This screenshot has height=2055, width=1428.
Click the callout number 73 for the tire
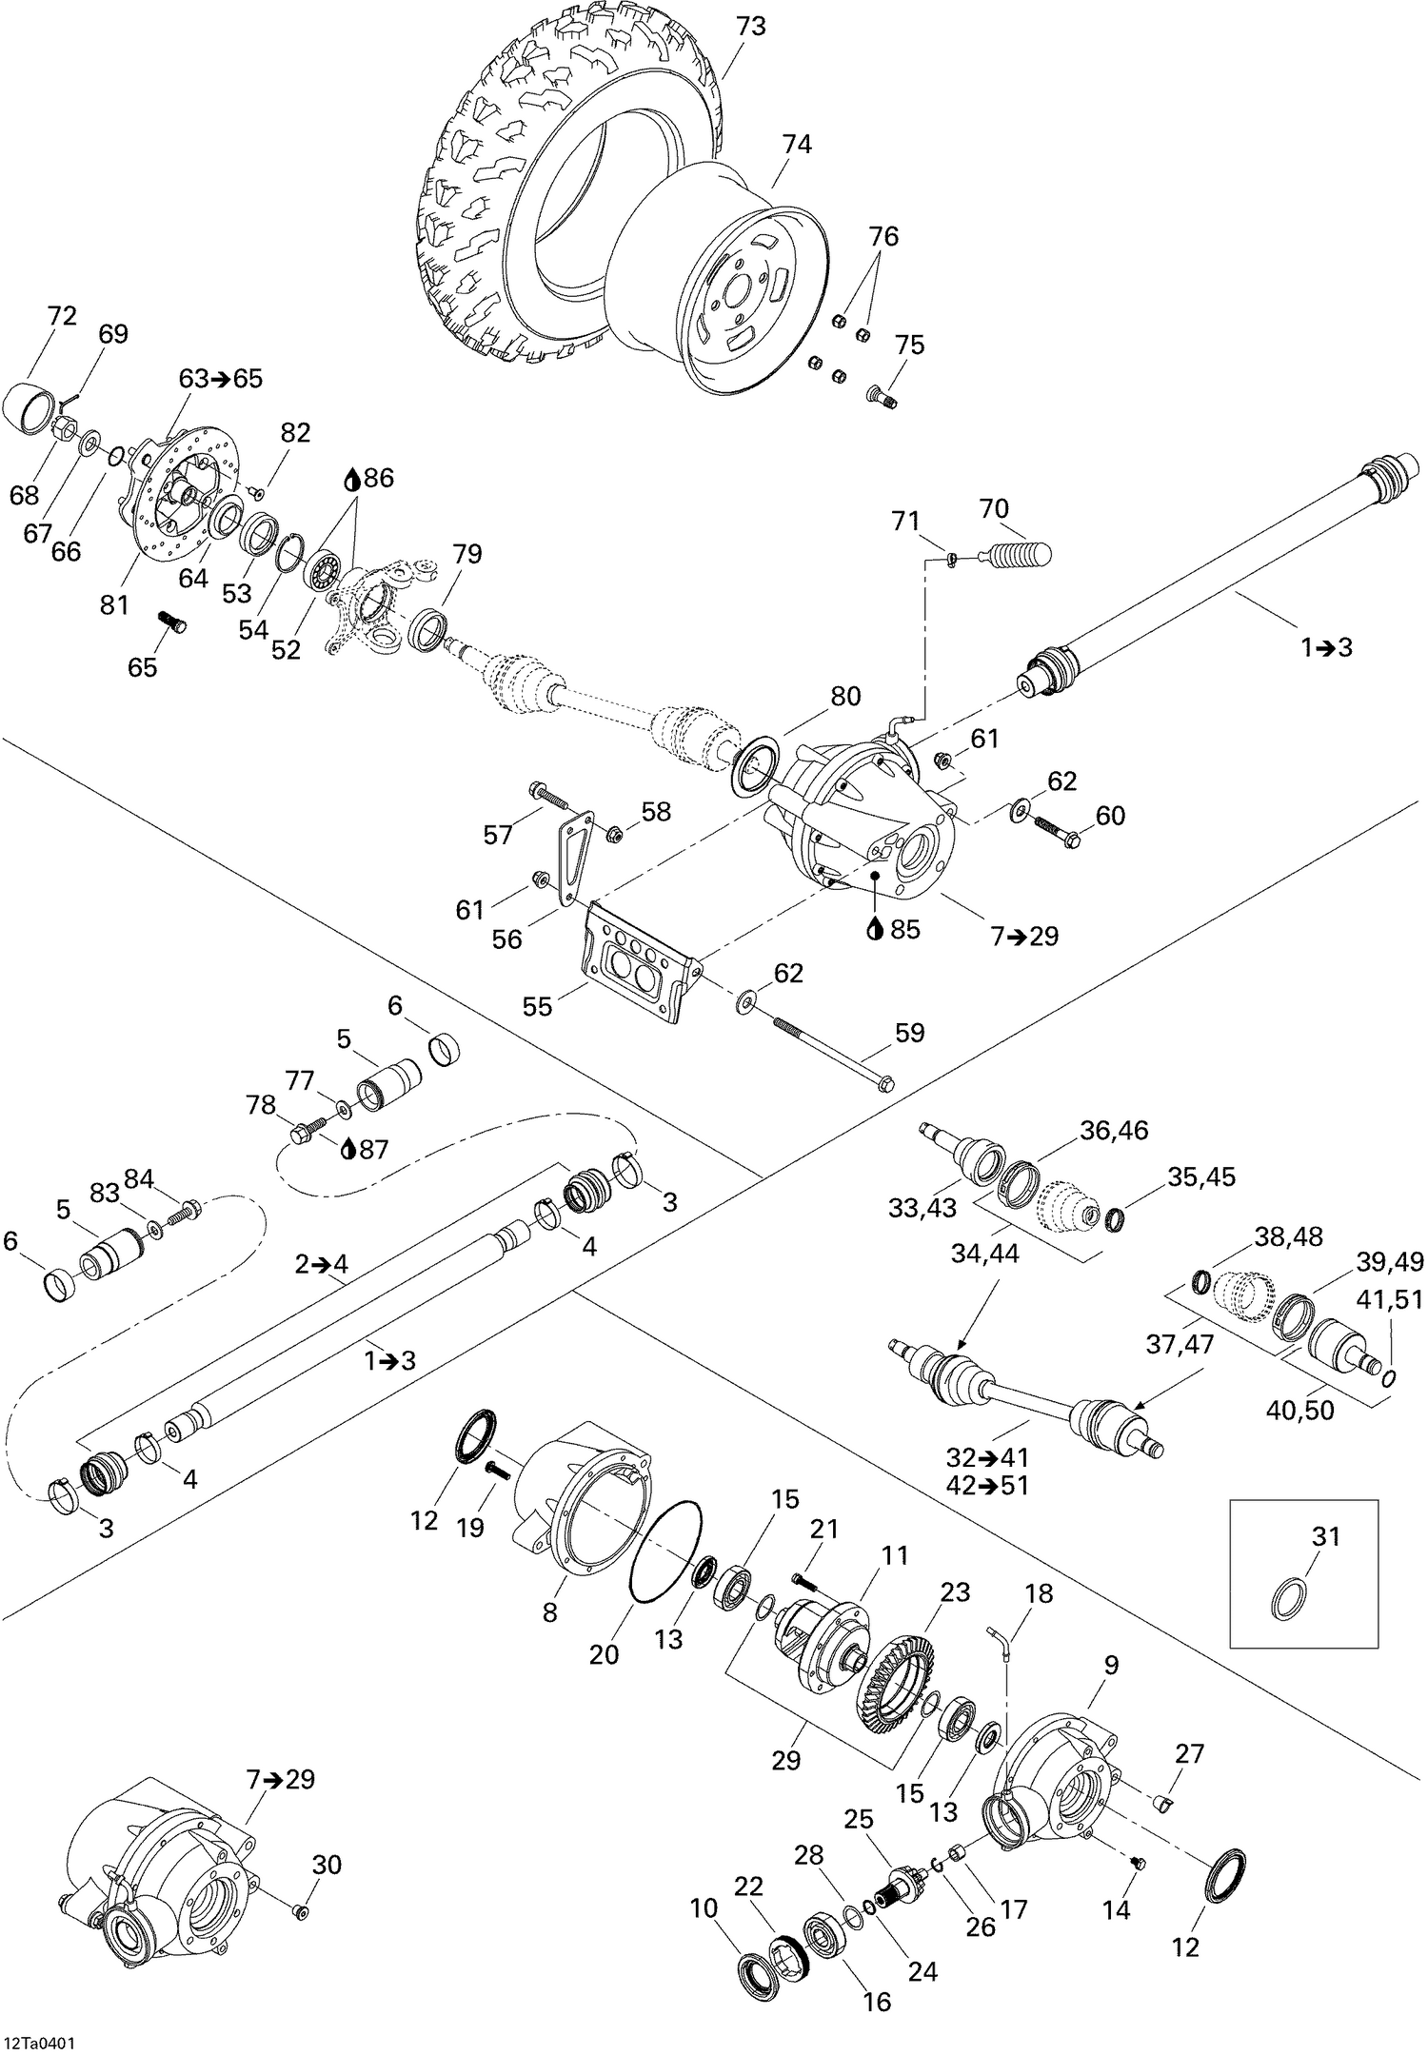750,27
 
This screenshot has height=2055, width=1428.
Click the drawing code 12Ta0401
40,2038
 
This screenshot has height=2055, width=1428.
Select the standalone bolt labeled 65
171,622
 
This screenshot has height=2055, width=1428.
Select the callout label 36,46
1114,1130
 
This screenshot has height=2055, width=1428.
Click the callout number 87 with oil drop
374,1149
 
